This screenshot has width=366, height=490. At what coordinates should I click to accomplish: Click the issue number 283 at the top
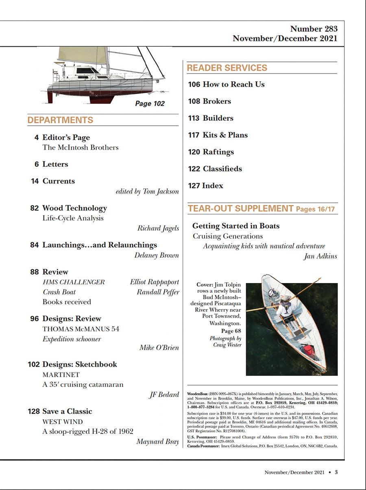[x=329, y=29]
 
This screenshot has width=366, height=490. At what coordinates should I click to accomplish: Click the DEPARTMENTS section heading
[x=60, y=120]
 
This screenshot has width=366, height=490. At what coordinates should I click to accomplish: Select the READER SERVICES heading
[x=227, y=68]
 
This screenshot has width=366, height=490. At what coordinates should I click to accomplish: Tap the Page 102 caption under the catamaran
[x=150, y=104]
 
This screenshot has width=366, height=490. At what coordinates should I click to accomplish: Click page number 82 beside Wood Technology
[x=35, y=208]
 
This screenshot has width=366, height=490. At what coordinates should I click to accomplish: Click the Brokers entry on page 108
[x=217, y=101]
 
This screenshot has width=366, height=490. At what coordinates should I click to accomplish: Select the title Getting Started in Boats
[x=236, y=226]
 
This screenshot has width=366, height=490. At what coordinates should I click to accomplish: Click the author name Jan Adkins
[x=321, y=256]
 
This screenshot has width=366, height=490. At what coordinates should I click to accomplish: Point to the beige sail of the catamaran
[x=83, y=55]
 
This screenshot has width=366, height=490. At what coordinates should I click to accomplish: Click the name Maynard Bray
[x=158, y=442]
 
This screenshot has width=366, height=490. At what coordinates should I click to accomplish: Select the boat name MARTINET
[x=61, y=375]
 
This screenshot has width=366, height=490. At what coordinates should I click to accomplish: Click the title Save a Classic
[x=67, y=411]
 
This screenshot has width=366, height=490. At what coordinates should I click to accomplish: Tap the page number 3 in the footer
[x=336, y=472]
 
